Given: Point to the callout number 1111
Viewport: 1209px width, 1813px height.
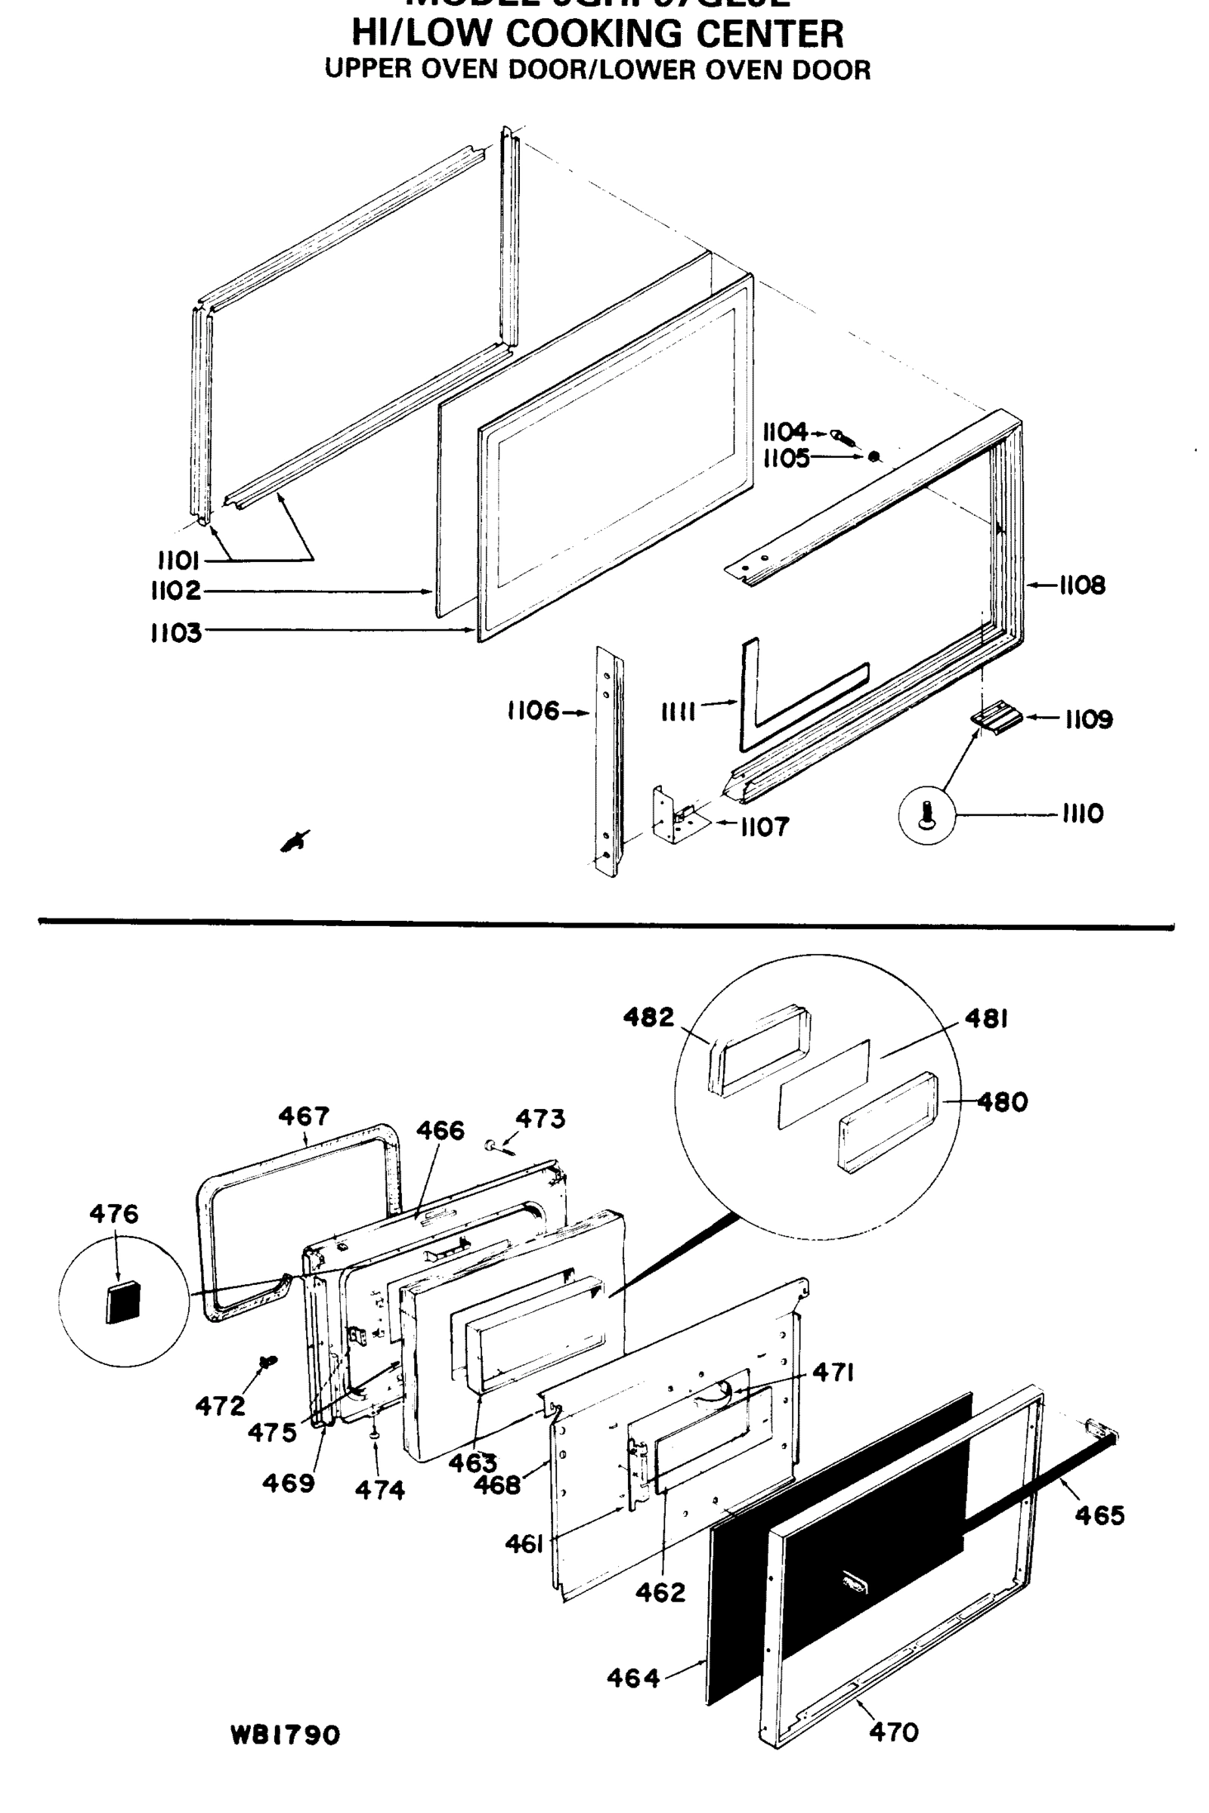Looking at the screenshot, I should pyautogui.click(x=679, y=712).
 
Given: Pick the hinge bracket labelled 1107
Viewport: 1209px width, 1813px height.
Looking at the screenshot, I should pyautogui.click(x=676, y=817).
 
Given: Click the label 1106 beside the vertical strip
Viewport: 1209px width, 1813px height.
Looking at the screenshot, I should pyautogui.click(x=533, y=711).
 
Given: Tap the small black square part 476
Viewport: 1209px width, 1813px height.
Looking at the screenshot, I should pyautogui.click(x=123, y=1302).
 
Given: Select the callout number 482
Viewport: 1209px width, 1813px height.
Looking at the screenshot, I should pyautogui.click(x=648, y=1018).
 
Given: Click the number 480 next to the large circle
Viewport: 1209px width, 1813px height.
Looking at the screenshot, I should pyautogui.click(x=1003, y=1101).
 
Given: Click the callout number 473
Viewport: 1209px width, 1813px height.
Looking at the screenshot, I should pyautogui.click(x=540, y=1119).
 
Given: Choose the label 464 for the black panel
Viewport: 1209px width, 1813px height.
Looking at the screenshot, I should pyautogui.click(x=633, y=1677).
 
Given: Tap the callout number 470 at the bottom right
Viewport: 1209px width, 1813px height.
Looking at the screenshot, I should pyautogui.click(x=894, y=1732).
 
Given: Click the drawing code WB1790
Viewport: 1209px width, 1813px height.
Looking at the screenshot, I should pyautogui.click(x=286, y=1735).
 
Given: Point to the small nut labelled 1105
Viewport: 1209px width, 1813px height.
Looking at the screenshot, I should pyautogui.click(x=874, y=457).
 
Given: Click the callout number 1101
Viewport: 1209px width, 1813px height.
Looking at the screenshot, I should pyautogui.click(x=178, y=560).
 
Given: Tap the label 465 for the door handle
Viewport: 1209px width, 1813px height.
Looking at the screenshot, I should pyautogui.click(x=1099, y=1515).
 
